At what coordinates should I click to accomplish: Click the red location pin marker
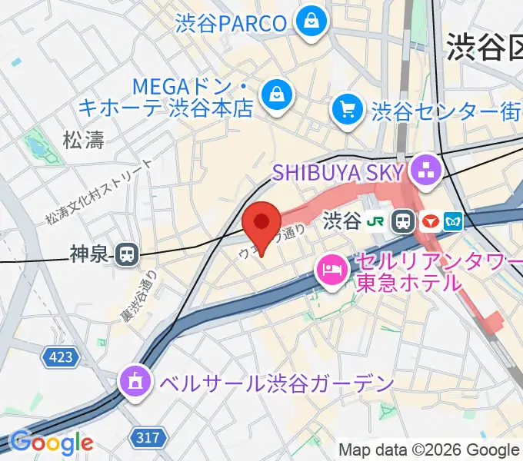(x=261, y=225)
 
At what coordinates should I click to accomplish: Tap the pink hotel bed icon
(x=332, y=270)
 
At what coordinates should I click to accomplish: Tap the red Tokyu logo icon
(x=429, y=222)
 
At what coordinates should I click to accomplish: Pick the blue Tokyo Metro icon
(x=452, y=222)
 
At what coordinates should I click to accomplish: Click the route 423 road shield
(x=58, y=357)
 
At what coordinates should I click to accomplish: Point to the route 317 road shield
(x=149, y=438)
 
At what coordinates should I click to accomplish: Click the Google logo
(x=51, y=442)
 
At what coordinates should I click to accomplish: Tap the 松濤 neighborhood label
(x=83, y=140)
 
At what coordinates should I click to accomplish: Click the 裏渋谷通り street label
(x=138, y=297)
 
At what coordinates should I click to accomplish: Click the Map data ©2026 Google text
(x=429, y=450)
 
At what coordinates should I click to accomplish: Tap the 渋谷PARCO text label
(x=232, y=23)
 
